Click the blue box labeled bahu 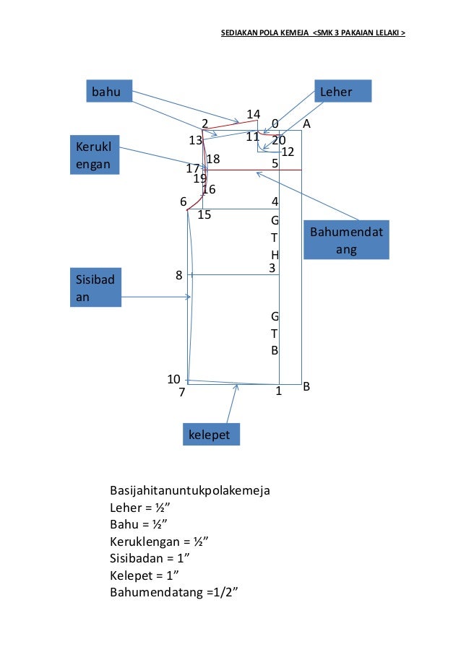tap(111, 92)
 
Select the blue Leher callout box tap(343, 92)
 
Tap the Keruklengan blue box tap(95, 155)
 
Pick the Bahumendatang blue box tap(346, 240)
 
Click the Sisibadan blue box tap(95, 288)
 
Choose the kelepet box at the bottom tap(211, 435)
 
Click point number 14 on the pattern tap(253, 114)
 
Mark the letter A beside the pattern tap(306, 123)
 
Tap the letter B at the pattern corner tap(306, 386)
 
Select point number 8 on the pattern tap(178, 275)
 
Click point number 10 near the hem tap(173, 379)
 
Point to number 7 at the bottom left tap(182, 393)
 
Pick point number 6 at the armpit tap(184, 201)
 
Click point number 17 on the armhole tap(192, 168)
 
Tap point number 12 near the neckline tap(288, 152)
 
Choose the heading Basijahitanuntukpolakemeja tap(189, 491)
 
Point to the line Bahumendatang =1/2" tap(174, 592)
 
